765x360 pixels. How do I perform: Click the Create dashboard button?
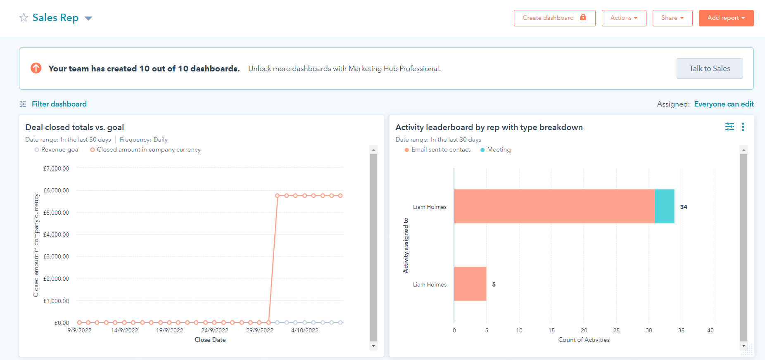pyautogui.click(x=554, y=18)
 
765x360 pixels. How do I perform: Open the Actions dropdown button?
pyautogui.click(x=624, y=18)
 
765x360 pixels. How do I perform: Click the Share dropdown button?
pyautogui.click(x=672, y=18)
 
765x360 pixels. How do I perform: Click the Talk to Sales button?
pyautogui.click(x=709, y=69)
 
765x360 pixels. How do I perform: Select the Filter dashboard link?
pyautogui.click(x=59, y=104)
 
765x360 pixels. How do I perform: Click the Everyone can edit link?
pyautogui.click(x=724, y=104)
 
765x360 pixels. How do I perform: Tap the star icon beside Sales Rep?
pyautogui.click(x=24, y=18)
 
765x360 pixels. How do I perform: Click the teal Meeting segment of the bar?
pyautogui.click(x=664, y=206)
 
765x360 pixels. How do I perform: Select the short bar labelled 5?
pyautogui.click(x=470, y=284)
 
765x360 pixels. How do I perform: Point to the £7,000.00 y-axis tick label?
pyautogui.click(x=56, y=168)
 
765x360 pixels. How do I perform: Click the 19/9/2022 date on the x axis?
pyautogui.click(x=169, y=330)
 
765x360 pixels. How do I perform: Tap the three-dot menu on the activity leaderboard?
pyautogui.click(x=743, y=127)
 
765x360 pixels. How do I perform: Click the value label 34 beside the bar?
pyautogui.click(x=684, y=207)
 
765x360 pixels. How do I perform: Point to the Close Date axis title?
pyautogui.click(x=210, y=340)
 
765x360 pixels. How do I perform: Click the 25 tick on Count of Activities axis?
pyautogui.click(x=616, y=330)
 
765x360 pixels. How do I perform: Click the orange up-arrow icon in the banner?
pyautogui.click(x=36, y=68)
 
